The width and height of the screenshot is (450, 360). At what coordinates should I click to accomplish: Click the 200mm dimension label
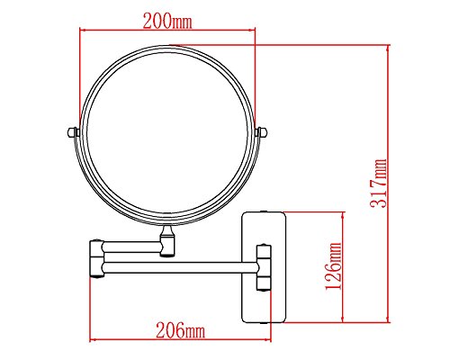[167, 22]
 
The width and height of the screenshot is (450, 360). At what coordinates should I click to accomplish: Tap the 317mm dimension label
[379, 184]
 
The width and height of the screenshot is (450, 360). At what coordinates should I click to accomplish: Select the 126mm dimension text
[334, 266]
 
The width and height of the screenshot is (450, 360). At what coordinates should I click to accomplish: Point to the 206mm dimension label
[180, 330]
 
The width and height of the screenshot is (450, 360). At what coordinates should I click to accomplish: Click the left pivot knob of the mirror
[73, 132]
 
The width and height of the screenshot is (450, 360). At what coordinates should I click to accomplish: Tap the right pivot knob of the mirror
[262, 132]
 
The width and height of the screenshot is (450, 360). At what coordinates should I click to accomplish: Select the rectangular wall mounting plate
[264, 267]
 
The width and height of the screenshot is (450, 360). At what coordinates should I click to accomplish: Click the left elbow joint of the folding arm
[96, 258]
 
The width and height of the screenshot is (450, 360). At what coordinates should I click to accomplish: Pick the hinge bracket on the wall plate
[264, 267]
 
